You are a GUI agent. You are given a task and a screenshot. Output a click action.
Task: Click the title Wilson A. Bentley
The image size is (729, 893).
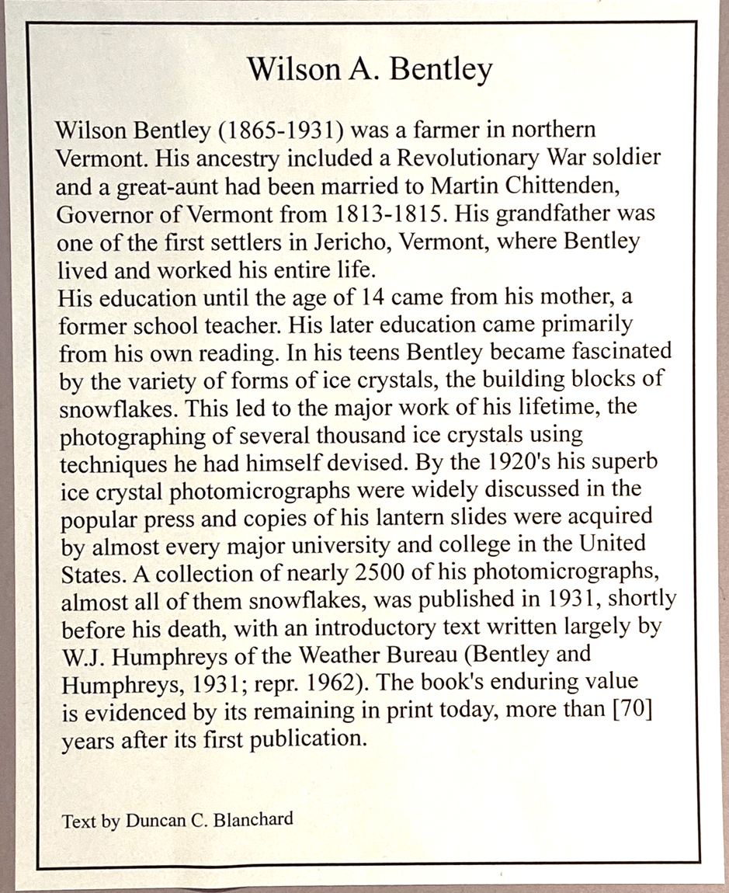tap(370, 70)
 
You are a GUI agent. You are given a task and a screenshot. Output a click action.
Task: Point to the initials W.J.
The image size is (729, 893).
tap(80, 655)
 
